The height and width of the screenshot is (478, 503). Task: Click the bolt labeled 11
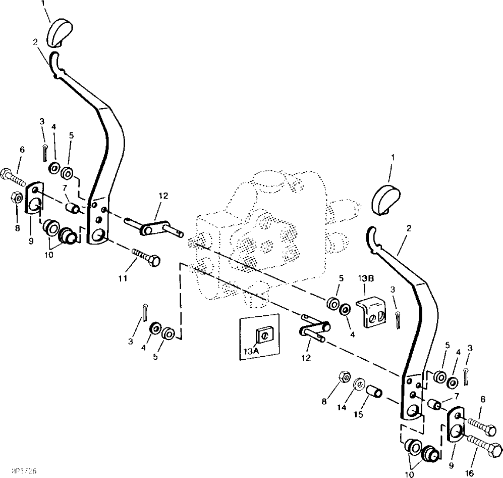(x=146, y=256)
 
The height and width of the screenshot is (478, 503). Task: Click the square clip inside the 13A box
(x=264, y=335)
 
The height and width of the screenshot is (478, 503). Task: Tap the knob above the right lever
(x=385, y=199)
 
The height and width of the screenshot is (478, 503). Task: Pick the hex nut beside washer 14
(x=345, y=377)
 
